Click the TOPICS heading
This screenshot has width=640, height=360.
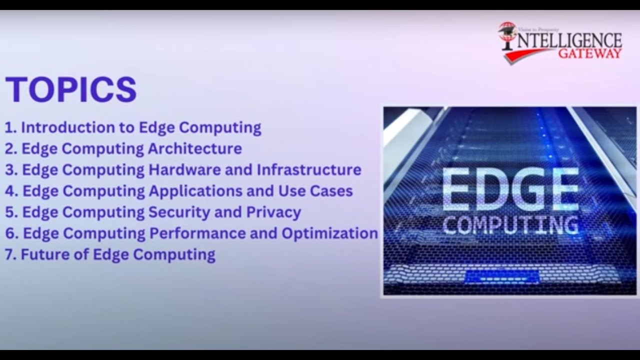pos(71,89)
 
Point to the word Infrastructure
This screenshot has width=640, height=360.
pos(308,169)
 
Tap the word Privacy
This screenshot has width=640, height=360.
pos(273,212)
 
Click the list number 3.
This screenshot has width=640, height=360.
pos(9,169)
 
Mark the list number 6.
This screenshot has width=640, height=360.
pos(9,233)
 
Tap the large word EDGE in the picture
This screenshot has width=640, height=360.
pos(510,191)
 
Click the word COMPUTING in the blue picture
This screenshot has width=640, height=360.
pos(510,225)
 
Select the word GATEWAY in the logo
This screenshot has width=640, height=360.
pos(590,53)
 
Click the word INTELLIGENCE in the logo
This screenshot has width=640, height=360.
pos(567,40)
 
